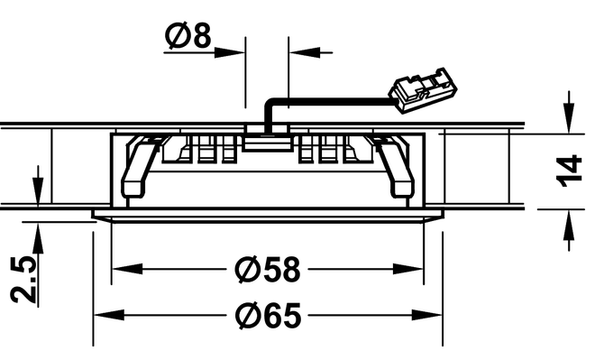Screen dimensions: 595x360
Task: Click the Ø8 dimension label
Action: pos(188,36)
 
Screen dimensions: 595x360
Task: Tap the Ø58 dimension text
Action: pos(268,270)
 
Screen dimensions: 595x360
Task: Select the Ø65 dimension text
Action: pos(268,315)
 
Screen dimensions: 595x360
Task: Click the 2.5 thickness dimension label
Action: pos(23,280)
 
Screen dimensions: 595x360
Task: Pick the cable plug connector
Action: pos(422,90)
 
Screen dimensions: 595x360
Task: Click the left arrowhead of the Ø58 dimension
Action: pos(127,269)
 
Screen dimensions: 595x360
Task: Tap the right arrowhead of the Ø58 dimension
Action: pos(407,269)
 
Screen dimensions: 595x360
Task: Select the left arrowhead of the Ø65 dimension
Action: pos(109,315)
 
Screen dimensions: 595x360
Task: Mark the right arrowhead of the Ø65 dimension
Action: pos(426,315)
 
